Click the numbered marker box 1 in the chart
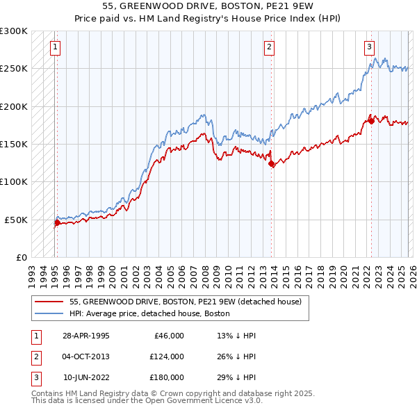pyautogui.click(x=55, y=47)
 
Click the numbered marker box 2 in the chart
pyautogui.click(x=269, y=47)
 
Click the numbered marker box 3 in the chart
pyautogui.click(x=369, y=47)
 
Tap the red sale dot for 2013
pyautogui.click(x=272, y=164)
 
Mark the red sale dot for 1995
pyautogui.click(x=57, y=223)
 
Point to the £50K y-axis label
pyautogui.click(x=16, y=220)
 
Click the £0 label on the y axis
pyautogui.click(x=20, y=257)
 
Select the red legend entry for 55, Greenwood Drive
pyautogui.click(x=185, y=302)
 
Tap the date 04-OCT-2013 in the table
pyautogui.click(x=86, y=356)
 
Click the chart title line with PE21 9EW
pyautogui.click(x=208, y=6)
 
